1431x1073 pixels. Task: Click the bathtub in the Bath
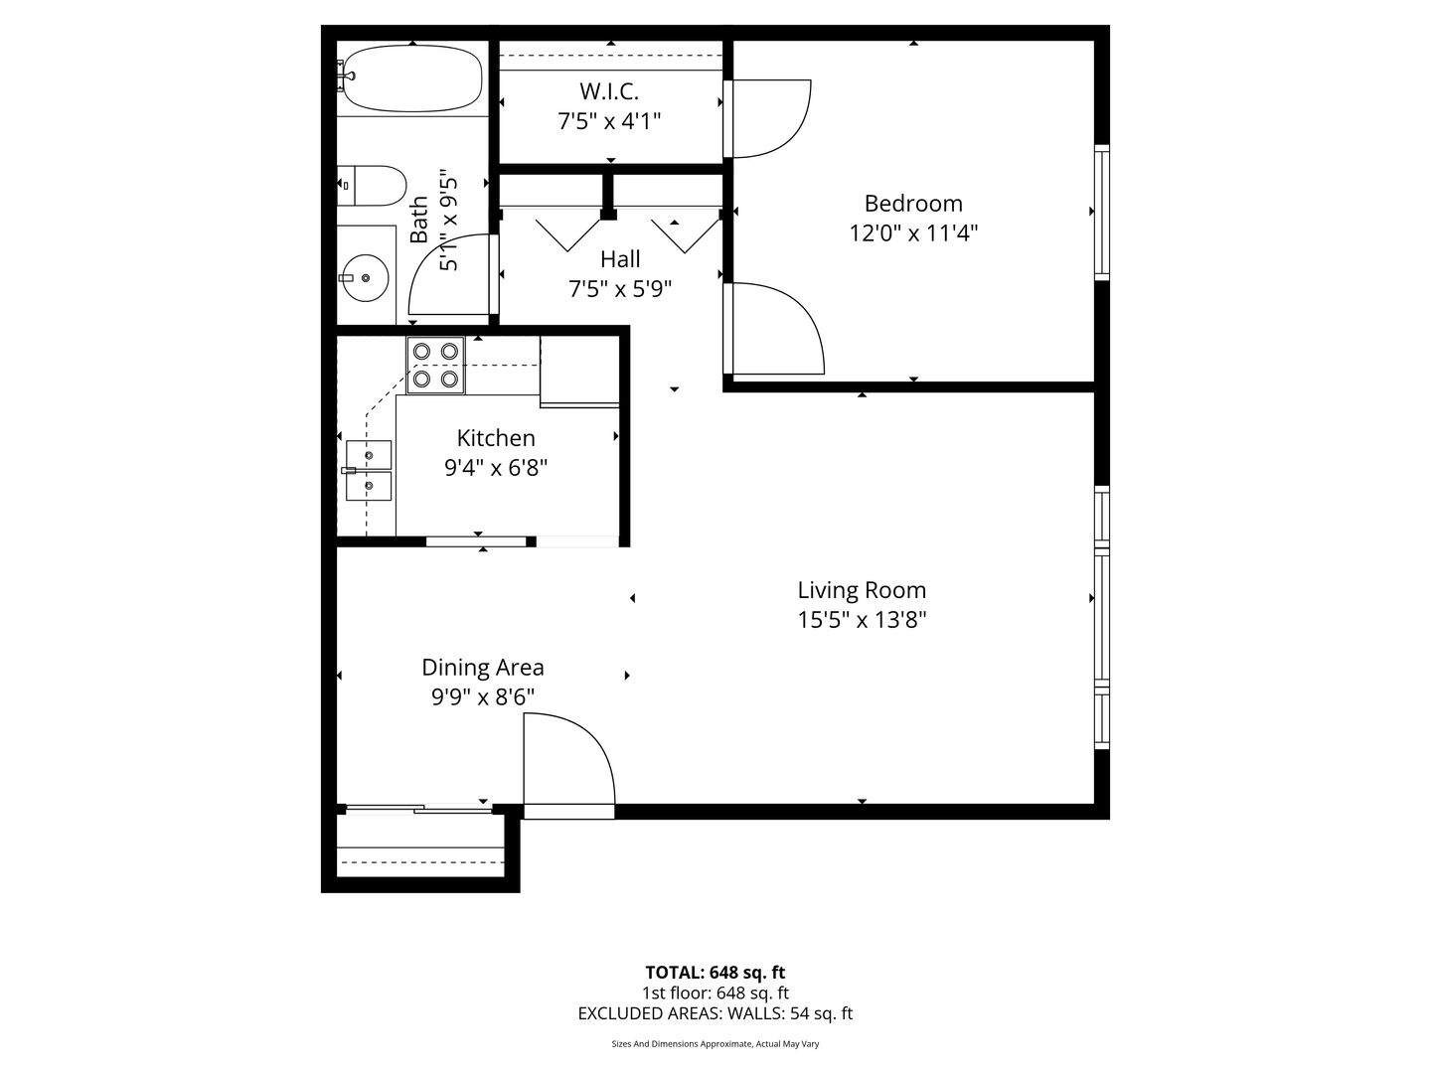pos(412,78)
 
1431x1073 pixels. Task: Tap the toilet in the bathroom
pos(372,185)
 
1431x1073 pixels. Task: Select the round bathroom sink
pos(366,278)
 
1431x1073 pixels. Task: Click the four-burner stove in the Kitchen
pos(435,365)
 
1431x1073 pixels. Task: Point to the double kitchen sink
pos(369,470)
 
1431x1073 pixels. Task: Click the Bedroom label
pos(913,204)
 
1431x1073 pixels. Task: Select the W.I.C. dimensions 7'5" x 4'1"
pos(609,121)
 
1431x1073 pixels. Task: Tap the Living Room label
pos(862,590)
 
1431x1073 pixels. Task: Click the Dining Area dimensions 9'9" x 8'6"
pos(483,697)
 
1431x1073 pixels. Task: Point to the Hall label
pos(620,259)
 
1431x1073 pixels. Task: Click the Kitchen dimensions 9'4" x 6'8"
pos(496,468)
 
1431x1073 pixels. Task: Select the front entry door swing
pos(569,765)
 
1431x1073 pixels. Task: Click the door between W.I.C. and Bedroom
pos(767,118)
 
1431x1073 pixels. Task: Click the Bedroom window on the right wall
pos(1102,213)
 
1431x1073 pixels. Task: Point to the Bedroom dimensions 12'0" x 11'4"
pos(913,232)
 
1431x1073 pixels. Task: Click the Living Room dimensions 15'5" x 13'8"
pos(862,620)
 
